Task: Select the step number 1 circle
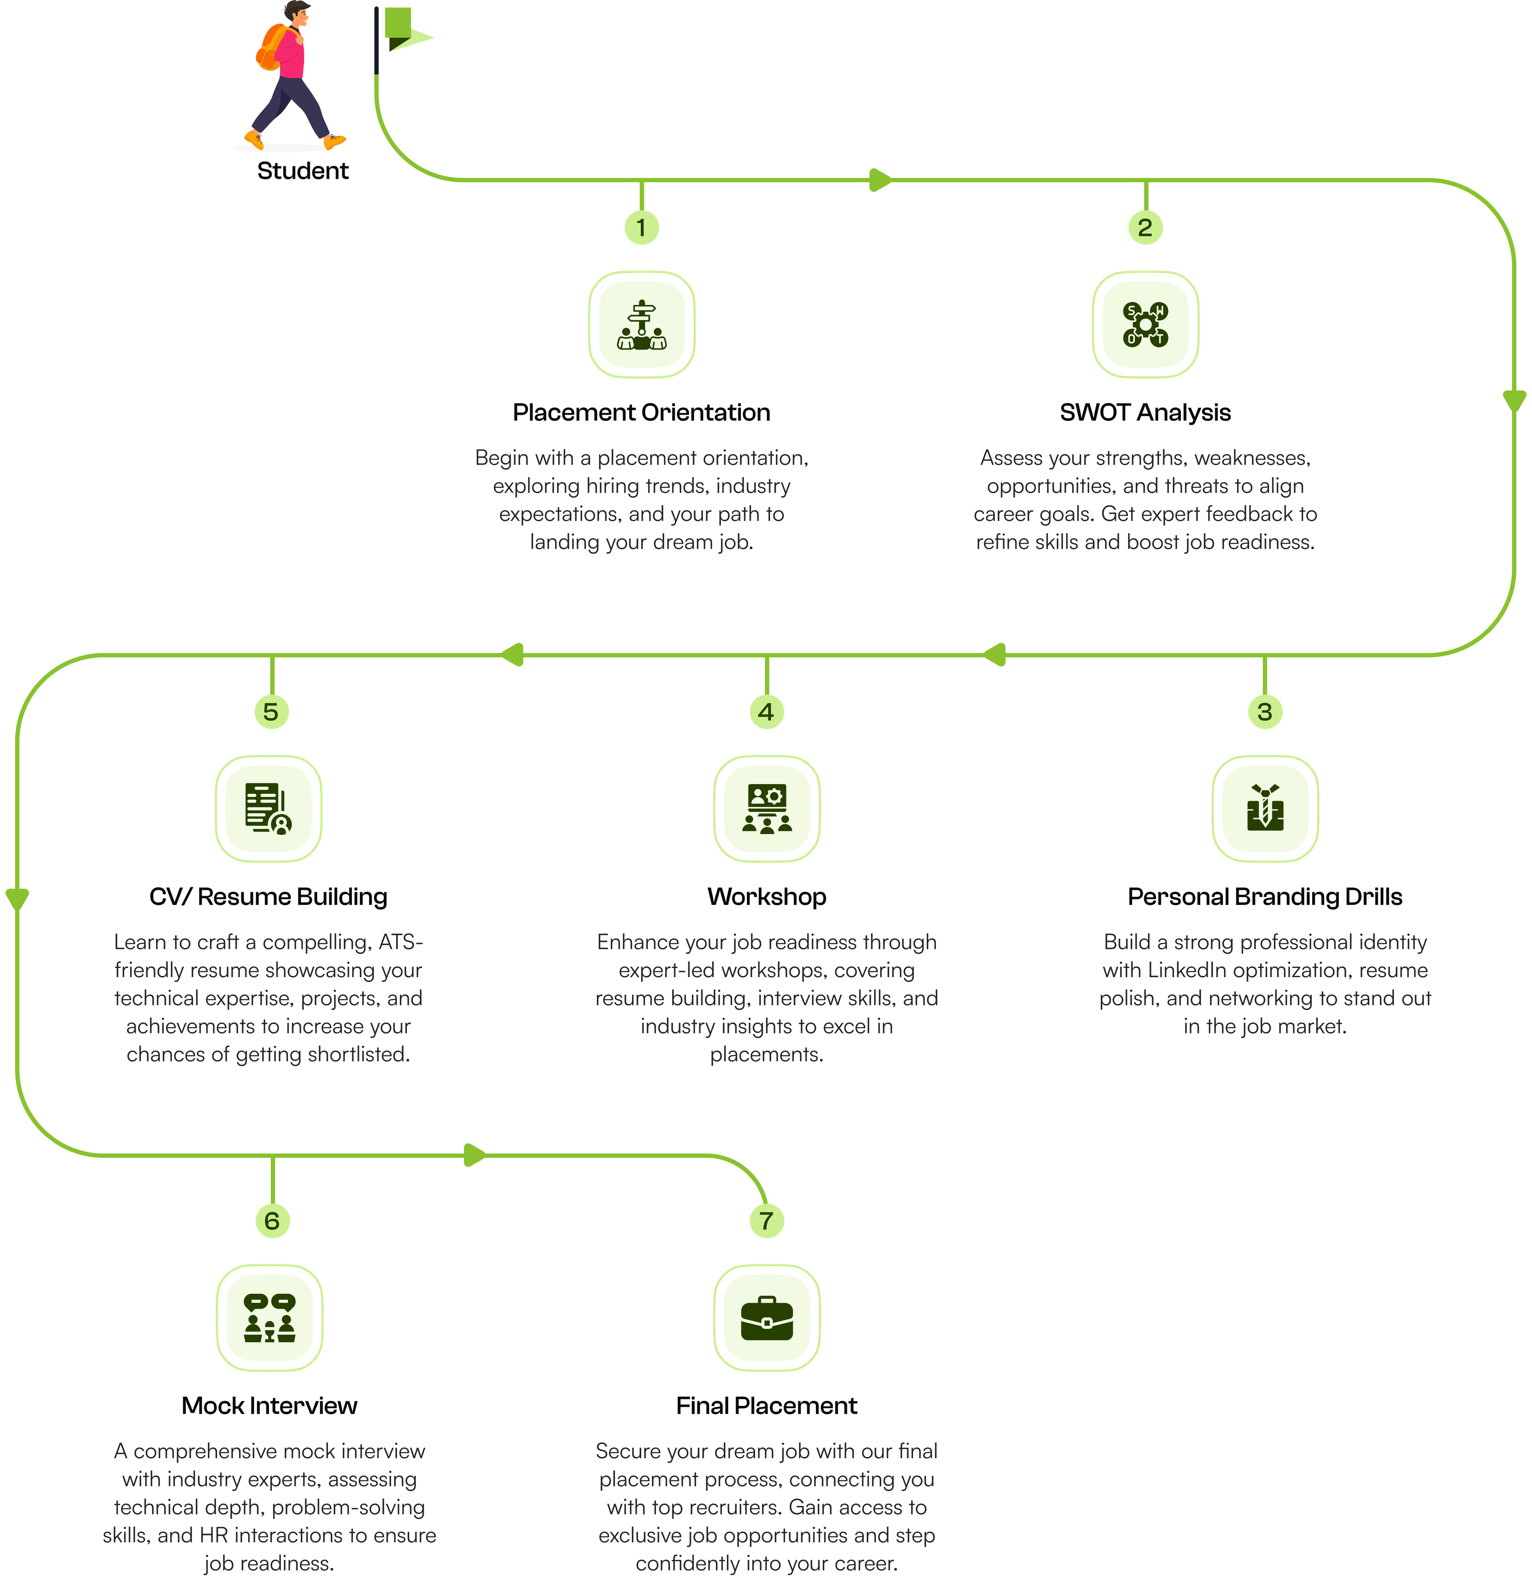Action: point(642,228)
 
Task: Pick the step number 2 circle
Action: point(1145,228)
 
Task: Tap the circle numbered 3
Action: point(1264,712)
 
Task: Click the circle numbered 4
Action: point(766,712)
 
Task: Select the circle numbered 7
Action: point(766,1221)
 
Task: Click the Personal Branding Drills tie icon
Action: point(1264,809)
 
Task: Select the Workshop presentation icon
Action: point(766,809)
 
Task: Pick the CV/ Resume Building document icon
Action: point(268,809)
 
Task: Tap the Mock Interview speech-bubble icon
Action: point(269,1317)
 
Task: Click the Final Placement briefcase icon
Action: point(766,1317)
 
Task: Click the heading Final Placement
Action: point(766,1406)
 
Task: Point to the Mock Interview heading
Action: point(269,1406)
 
